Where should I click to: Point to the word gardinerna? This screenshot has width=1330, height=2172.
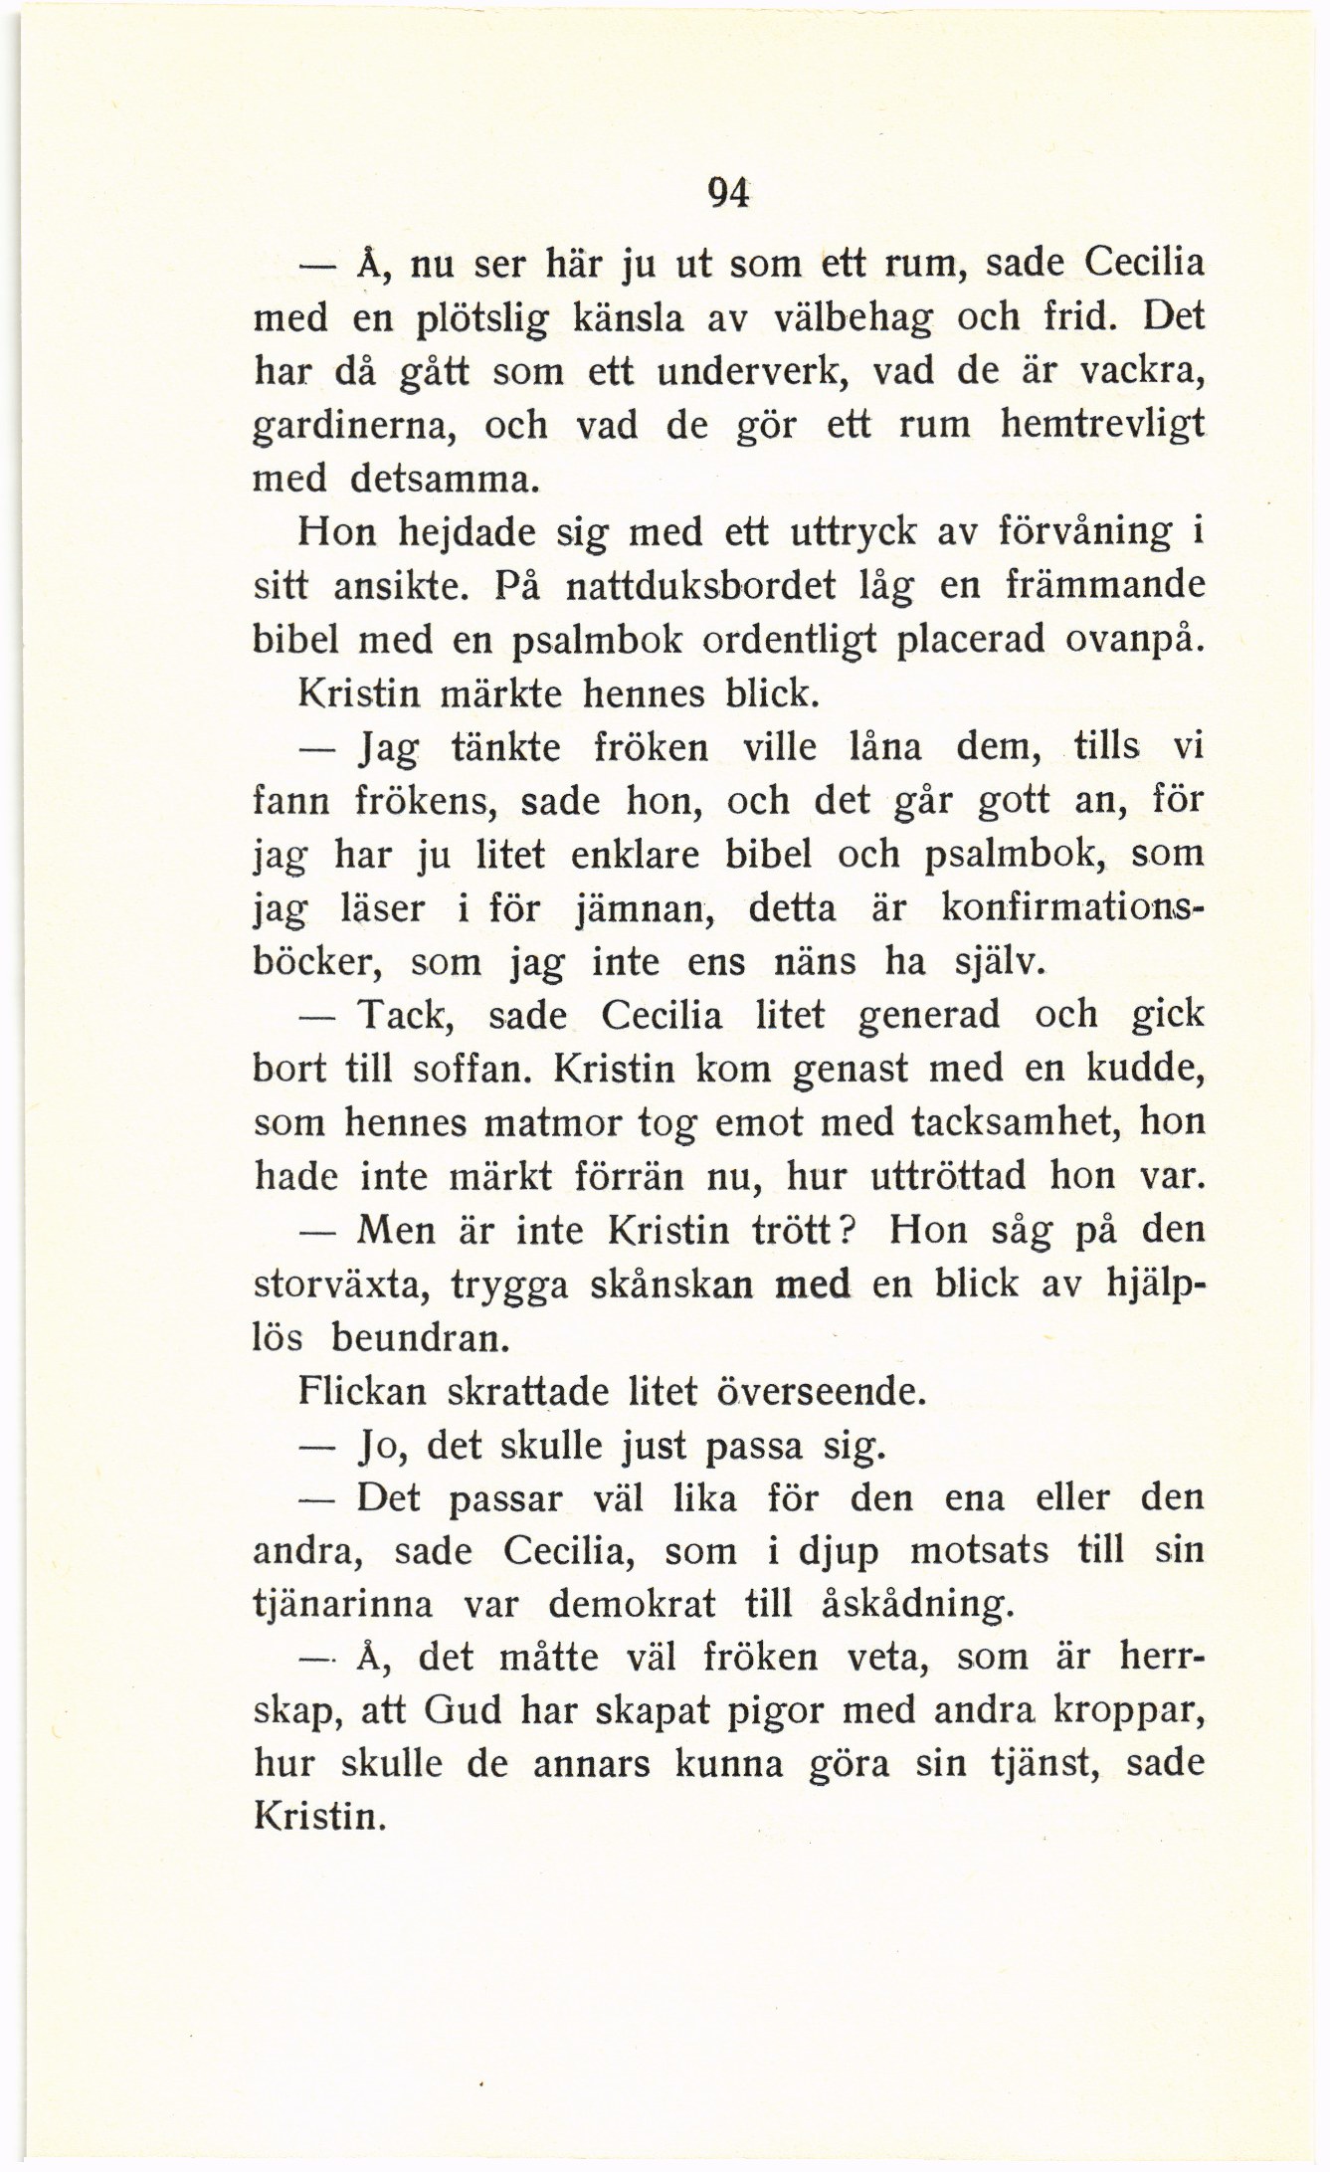click(x=355, y=427)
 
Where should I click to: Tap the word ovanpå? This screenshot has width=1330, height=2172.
click(x=1130, y=640)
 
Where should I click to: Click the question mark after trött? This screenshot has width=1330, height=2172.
click(x=850, y=1230)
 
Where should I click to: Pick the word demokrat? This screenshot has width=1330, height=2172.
click(x=632, y=1605)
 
